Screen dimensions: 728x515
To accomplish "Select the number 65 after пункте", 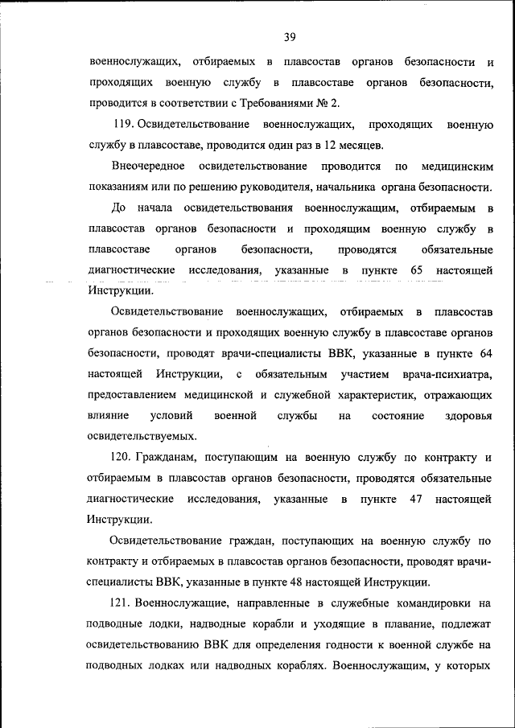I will tap(416, 270).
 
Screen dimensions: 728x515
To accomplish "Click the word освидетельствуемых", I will tap(142, 437).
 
